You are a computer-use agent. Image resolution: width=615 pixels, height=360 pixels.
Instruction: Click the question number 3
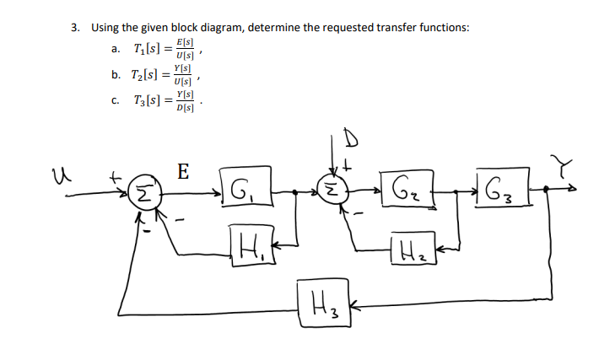click(x=75, y=27)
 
